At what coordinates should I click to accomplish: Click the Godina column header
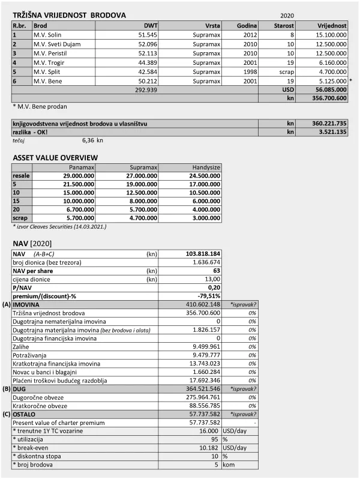pos(247,26)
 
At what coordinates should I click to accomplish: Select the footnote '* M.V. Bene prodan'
pos(40,107)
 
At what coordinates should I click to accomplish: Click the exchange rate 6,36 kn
pos(92,140)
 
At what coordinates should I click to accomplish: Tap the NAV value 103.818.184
pos(202,254)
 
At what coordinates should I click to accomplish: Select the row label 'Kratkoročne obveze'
pos(40,405)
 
